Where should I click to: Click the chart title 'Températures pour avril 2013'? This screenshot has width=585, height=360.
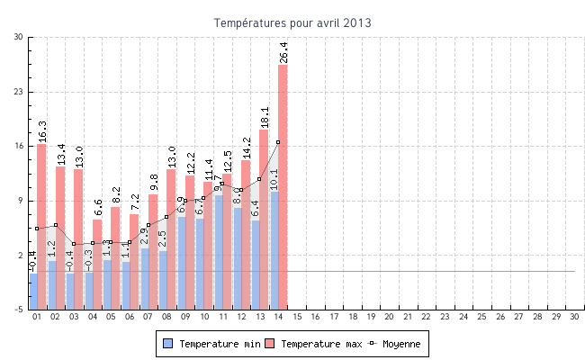click(292, 22)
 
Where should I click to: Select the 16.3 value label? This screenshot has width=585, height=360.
click(41, 132)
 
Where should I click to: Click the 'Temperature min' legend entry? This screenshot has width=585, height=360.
click(213, 344)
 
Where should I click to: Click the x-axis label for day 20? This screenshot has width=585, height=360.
click(389, 318)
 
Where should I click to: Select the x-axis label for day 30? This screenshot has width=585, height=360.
click(574, 318)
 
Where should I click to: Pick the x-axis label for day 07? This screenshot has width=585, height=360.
click(148, 318)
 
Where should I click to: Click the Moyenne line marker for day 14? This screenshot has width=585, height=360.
click(278, 142)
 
